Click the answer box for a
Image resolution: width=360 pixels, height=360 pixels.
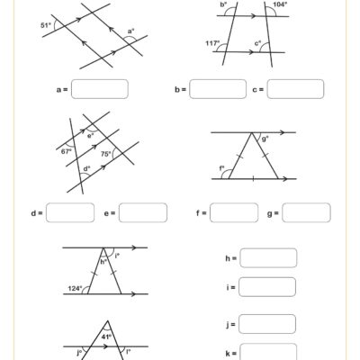[99, 89]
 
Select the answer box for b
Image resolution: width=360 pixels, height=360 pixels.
[218, 89]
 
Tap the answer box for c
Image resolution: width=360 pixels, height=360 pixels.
[296, 89]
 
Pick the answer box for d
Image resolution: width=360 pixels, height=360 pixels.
[69, 212]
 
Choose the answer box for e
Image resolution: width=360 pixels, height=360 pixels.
[142, 212]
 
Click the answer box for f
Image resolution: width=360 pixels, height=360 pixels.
[234, 212]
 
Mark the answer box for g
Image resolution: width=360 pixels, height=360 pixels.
[307, 212]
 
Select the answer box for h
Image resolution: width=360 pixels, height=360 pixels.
[267, 259]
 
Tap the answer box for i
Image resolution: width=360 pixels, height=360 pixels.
[267, 288]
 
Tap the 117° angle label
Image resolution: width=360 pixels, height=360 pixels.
[211, 42]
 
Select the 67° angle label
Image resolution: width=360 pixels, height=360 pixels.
[66, 151]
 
